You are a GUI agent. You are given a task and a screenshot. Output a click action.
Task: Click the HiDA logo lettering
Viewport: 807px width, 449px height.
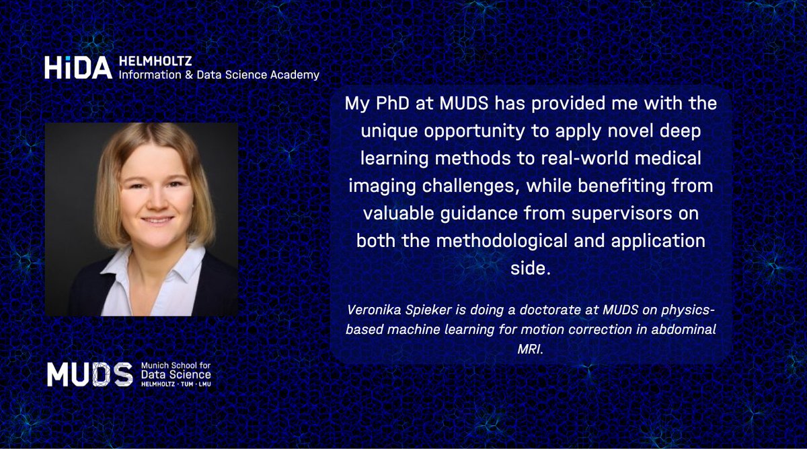coord(77,67)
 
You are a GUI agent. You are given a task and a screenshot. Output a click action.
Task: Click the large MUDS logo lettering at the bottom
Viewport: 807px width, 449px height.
coord(89,375)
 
